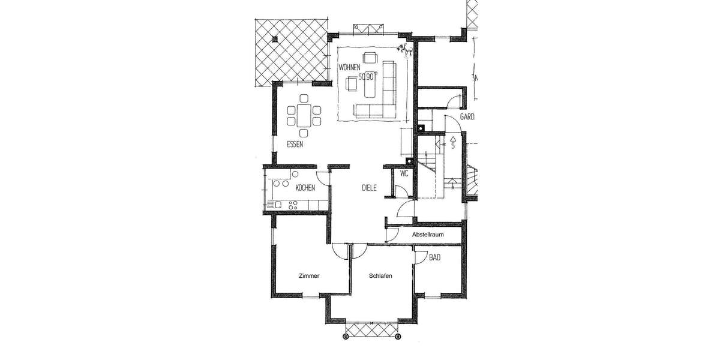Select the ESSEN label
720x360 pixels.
pos(295,145)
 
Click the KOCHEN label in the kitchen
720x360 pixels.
pos(305,188)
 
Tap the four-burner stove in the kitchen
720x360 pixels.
pos(294,203)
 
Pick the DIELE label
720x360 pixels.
pos(369,187)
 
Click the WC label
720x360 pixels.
pos(404,174)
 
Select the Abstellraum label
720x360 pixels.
pos(428,235)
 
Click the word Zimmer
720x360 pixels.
pos(309,276)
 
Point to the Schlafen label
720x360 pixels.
pos(381,276)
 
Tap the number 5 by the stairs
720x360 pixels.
pos(452,145)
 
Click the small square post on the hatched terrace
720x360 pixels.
pos(275,39)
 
